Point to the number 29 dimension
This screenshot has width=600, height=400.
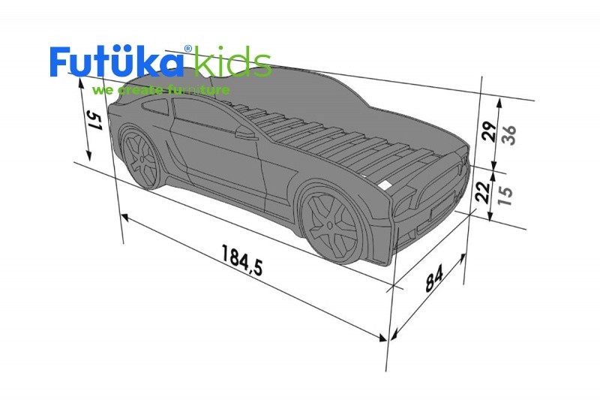pyautogui.click(x=487, y=131)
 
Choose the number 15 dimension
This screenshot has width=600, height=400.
pyautogui.click(x=506, y=194)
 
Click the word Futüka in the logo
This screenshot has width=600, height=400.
pyautogui.click(x=116, y=63)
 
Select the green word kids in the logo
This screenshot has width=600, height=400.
pyautogui.click(x=232, y=63)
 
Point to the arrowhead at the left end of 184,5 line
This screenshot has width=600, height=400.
pyautogui.click(x=124, y=217)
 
